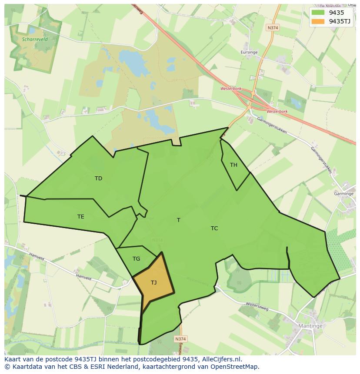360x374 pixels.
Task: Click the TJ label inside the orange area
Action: coord(153,283)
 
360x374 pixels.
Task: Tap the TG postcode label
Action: coord(136,259)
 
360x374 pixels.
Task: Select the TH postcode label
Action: coord(233,165)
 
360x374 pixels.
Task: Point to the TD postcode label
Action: coord(98,179)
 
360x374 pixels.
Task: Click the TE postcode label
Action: coord(80,217)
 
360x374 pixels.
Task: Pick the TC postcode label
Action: coord(214,228)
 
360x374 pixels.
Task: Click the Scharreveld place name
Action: coord(35,39)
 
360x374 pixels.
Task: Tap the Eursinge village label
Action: coord(249,52)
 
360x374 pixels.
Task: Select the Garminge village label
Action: coord(343,194)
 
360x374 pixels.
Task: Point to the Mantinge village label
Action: coord(310,326)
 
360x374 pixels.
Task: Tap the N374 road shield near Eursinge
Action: coord(273,27)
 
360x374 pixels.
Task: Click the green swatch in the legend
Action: coord(318,13)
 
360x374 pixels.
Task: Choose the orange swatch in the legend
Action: coord(318,21)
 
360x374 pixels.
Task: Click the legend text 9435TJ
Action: coord(340,21)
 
